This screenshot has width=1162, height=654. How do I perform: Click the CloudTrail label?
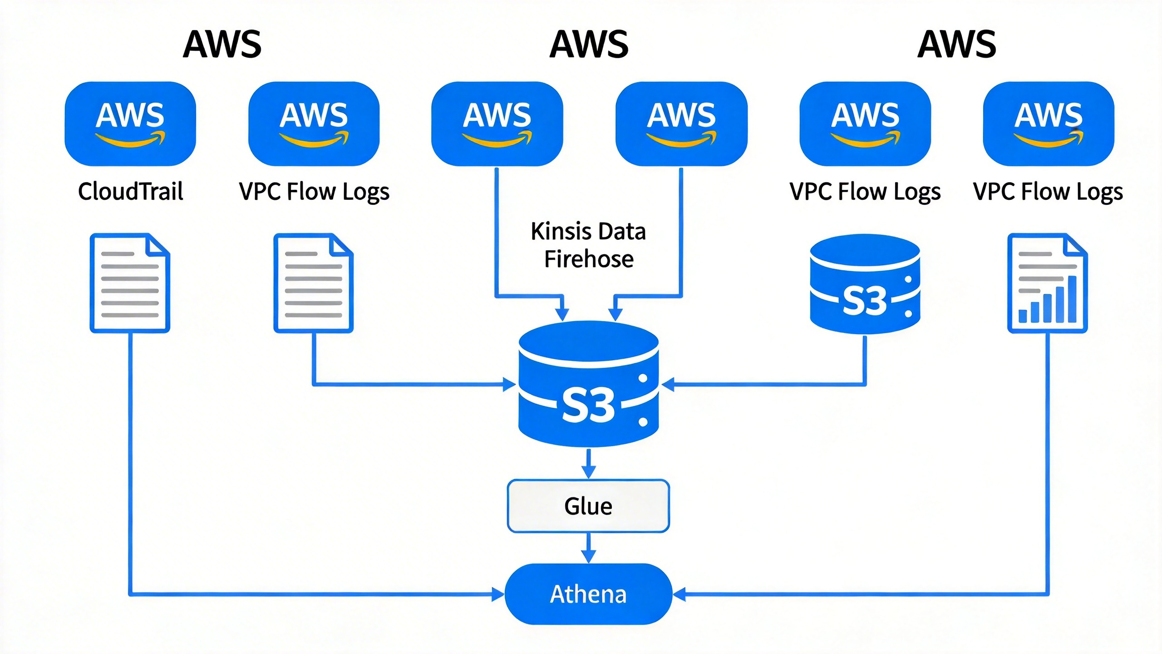tap(131, 191)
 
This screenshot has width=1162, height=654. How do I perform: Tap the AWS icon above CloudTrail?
tap(130, 124)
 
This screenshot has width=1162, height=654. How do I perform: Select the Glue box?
tap(588, 506)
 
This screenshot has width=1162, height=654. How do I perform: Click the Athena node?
tap(588, 594)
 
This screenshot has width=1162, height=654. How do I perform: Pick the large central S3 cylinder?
tap(588, 384)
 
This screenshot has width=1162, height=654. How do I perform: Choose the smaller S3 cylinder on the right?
tap(865, 284)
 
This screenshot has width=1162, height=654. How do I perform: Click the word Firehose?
tap(589, 259)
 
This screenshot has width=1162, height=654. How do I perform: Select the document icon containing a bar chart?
tap(1047, 283)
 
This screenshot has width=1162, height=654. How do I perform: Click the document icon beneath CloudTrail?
tap(130, 283)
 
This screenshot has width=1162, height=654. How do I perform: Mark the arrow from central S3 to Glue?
tap(589, 464)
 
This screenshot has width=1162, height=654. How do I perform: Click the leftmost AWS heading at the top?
tap(222, 44)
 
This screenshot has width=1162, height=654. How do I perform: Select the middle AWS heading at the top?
tap(589, 44)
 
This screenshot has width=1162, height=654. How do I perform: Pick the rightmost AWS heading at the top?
tap(957, 44)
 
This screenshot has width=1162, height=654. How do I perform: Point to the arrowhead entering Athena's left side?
tap(498, 594)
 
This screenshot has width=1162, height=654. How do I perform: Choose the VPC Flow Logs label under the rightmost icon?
tap(1048, 191)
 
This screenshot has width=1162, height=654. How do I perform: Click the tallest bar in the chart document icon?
tap(1072, 300)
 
